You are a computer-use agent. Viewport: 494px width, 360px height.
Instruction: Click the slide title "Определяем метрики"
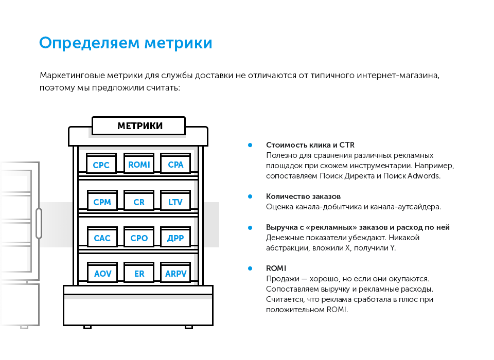(x=126, y=43)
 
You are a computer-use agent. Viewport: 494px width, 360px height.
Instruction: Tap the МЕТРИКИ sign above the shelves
(x=139, y=126)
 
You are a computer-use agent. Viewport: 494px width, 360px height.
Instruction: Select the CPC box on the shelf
(x=101, y=165)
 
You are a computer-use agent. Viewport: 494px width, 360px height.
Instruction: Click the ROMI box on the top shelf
(x=139, y=165)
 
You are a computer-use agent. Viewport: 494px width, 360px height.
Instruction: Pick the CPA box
(x=175, y=165)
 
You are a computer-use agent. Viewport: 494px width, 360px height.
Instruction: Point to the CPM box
(x=102, y=202)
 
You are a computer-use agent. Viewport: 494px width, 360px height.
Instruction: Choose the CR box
(x=139, y=202)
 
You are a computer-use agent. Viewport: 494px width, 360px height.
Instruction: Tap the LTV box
(x=175, y=202)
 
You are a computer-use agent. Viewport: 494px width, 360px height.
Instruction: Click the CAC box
(x=102, y=238)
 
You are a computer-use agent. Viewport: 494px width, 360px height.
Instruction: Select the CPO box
(x=139, y=238)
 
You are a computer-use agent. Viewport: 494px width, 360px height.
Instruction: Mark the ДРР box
(x=175, y=238)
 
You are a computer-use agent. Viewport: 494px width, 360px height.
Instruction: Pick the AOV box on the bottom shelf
(x=102, y=274)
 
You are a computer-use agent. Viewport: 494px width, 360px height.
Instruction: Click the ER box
(x=139, y=274)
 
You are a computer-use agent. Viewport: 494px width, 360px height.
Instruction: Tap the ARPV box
(x=175, y=274)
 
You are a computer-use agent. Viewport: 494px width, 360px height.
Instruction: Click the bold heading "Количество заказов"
(x=303, y=196)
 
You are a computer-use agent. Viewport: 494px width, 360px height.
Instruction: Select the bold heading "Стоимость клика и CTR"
(x=310, y=145)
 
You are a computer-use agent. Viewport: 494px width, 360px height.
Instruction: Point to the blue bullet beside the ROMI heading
(x=250, y=268)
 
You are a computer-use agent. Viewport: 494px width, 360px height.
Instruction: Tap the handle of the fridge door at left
(x=39, y=223)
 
